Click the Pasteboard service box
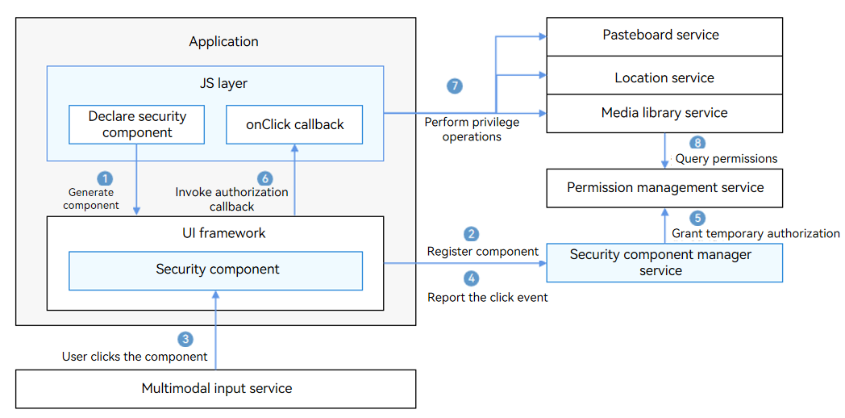664,36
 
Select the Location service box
664,76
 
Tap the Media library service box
664,113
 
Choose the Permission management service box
664,188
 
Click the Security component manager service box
664,263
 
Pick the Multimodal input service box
215,388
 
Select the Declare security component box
137,124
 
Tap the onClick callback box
294,124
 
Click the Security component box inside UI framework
215,270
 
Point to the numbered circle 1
104,178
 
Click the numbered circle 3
185,339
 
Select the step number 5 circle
697,218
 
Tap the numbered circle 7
455,86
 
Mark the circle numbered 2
472,234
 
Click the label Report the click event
488,297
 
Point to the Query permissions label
726,159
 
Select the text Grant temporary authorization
756,233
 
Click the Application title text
223,41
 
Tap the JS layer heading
215,84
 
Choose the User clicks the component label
135,357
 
